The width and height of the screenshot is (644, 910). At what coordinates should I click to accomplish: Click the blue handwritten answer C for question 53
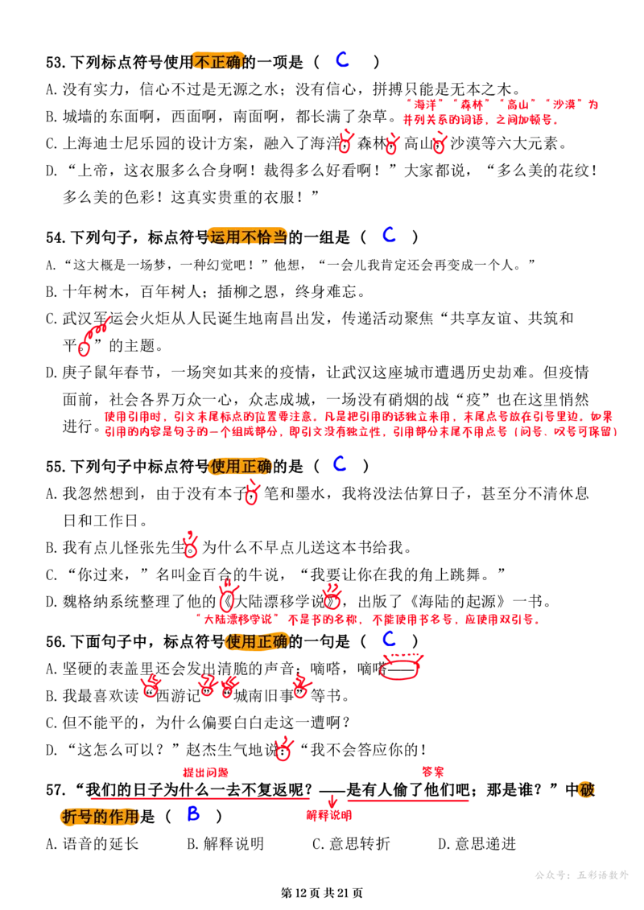pyautogui.click(x=343, y=60)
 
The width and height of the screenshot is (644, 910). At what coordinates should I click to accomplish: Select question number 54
pyautogui.click(x=56, y=237)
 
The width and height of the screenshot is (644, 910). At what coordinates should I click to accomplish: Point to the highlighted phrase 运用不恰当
pyautogui.click(x=248, y=237)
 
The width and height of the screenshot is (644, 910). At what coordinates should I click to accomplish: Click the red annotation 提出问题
pyautogui.click(x=205, y=772)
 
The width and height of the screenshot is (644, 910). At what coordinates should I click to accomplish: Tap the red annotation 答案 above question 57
pyautogui.click(x=432, y=772)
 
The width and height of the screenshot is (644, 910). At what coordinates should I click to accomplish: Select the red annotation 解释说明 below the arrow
pyautogui.click(x=329, y=815)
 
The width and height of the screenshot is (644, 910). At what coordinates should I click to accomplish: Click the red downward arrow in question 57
pyautogui.click(x=332, y=801)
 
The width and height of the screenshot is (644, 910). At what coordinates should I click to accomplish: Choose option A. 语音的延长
pyautogui.click(x=93, y=843)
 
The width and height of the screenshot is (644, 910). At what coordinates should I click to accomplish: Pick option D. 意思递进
pyautogui.click(x=477, y=843)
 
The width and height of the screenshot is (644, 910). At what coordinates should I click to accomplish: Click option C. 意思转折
pyautogui.click(x=351, y=843)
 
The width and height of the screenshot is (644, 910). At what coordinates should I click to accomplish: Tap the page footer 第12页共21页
pyautogui.click(x=322, y=892)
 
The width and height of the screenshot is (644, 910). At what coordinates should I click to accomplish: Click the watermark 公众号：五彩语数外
pyautogui.click(x=582, y=875)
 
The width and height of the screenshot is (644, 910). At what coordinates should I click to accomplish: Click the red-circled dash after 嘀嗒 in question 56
pyautogui.click(x=400, y=669)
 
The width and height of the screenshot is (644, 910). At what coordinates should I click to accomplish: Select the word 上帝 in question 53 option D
pyautogui.click(x=93, y=171)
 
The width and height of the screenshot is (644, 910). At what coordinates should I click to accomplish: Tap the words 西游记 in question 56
pyautogui.click(x=178, y=695)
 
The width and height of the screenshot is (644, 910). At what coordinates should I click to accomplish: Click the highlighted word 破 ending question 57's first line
pyautogui.click(x=587, y=790)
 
